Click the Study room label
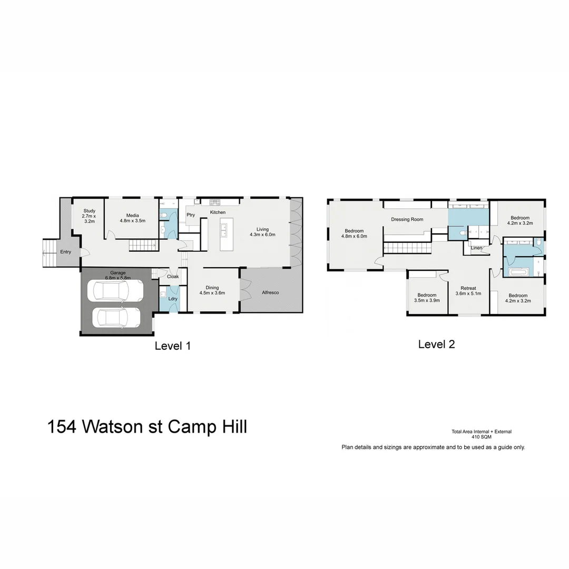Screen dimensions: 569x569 (89, 216)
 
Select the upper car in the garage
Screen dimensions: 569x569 (115, 290)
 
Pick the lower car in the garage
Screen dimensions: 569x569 (117, 318)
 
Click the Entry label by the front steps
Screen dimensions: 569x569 (65, 252)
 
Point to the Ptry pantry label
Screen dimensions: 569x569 (191, 215)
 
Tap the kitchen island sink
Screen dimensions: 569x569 (224, 229)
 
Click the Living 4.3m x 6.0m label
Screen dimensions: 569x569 (262, 232)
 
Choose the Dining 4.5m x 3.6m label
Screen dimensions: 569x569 (212, 290)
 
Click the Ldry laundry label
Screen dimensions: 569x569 (172, 299)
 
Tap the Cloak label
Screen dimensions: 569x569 (173, 277)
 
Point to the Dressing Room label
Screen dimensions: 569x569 (407, 220)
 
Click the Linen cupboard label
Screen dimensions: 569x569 (476, 248)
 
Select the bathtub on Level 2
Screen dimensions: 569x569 (519, 272)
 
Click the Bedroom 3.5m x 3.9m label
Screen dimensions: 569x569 (427, 298)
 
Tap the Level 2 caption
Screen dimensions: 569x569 (436, 345)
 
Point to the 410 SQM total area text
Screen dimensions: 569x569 (481, 437)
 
